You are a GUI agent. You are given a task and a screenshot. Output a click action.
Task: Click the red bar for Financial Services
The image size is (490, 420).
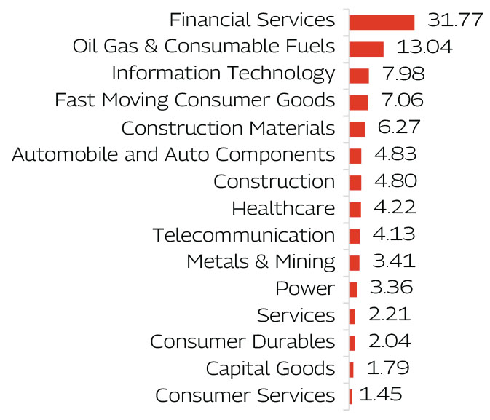[382, 22]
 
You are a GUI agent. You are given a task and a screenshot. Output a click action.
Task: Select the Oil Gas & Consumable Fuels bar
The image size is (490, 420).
[366, 49]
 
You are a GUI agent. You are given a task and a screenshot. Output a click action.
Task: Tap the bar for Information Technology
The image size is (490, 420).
[359, 75]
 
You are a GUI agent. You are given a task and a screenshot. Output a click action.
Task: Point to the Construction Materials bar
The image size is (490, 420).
[357, 129]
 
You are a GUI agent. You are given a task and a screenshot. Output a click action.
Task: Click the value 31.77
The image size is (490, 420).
[455, 20]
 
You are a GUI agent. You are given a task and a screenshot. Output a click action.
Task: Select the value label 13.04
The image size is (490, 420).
[424, 47]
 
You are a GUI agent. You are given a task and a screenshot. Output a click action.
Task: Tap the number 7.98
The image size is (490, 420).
[400, 74]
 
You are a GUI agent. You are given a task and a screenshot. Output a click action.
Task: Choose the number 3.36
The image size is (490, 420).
[391, 288]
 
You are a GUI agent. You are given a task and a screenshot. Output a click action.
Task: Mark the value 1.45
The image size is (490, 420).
[381, 395]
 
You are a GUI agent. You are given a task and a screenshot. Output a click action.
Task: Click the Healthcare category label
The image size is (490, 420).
[283, 209]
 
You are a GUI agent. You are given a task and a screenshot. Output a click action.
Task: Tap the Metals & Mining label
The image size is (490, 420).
[261, 262]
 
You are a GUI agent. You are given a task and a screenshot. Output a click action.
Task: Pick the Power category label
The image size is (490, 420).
[305, 289]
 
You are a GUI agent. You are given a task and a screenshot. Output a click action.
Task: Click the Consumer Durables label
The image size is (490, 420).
[242, 342]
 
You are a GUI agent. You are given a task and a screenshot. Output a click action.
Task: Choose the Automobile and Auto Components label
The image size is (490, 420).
[173, 155]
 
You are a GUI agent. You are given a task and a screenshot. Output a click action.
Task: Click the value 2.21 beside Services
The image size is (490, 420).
[390, 315]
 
